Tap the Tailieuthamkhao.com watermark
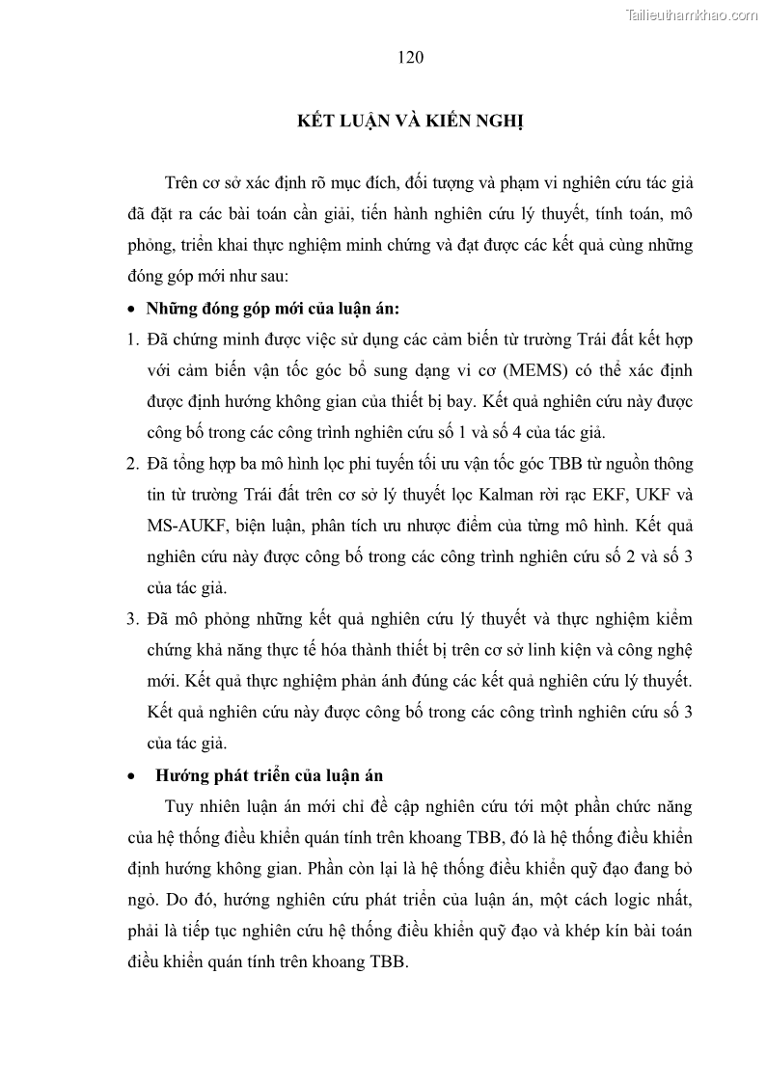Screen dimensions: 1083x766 pyautogui.click(x=692, y=14)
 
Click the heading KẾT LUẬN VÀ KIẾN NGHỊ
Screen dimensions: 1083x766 pyautogui.click(x=408, y=122)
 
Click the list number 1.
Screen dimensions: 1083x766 pyautogui.click(x=135, y=340)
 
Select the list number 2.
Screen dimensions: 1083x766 pyautogui.click(x=135, y=464)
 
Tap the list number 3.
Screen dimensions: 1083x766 pyautogui.click(x=135, y=618)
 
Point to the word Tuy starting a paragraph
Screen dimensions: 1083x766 pyautogui.click(x=182, y=806)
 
